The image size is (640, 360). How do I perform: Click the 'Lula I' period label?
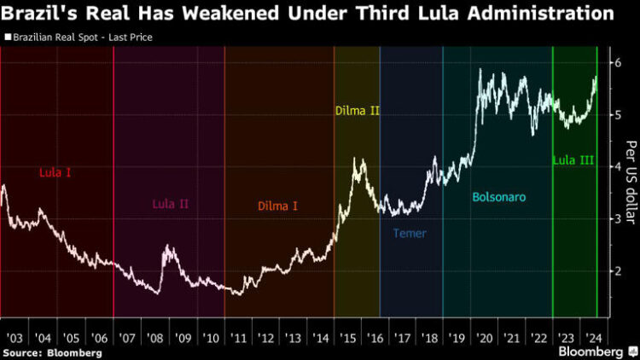coord(55,172)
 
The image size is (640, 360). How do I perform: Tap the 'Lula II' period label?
coord(170,204)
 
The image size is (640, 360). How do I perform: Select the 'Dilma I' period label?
coord(277,206)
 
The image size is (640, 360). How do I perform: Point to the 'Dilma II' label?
coord(357,134)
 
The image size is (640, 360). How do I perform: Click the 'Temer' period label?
coord(410,233)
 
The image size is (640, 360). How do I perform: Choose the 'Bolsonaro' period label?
coord(498,197)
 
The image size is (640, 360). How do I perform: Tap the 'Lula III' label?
coord(573,160)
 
